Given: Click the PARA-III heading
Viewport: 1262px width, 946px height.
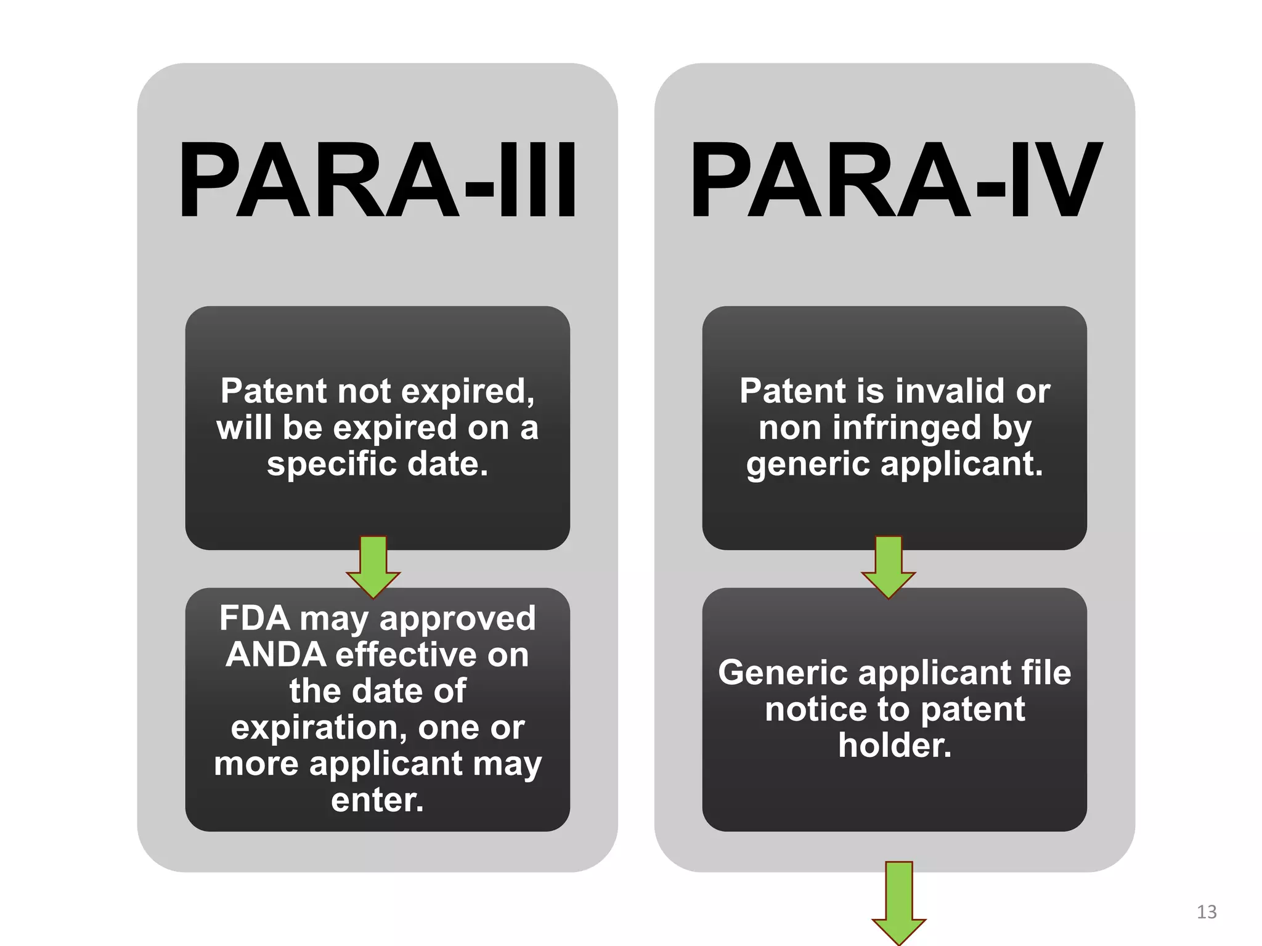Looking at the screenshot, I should click(x=377, y=180).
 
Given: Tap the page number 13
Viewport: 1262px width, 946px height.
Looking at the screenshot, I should click(x=1207, y=912).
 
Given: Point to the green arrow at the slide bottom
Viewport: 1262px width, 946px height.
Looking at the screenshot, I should click(x=898, y=902).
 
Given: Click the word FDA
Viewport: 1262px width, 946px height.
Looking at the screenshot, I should click(x=254, y=618).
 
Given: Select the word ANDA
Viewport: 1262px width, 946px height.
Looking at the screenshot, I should click(x=276, y=655).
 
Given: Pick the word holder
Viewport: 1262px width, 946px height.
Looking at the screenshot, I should click(x=895, y=745).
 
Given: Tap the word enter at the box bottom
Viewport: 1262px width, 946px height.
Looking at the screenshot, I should click(x=377, y=800).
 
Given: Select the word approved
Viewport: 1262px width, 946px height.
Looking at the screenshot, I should click(x=458, y=619).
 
